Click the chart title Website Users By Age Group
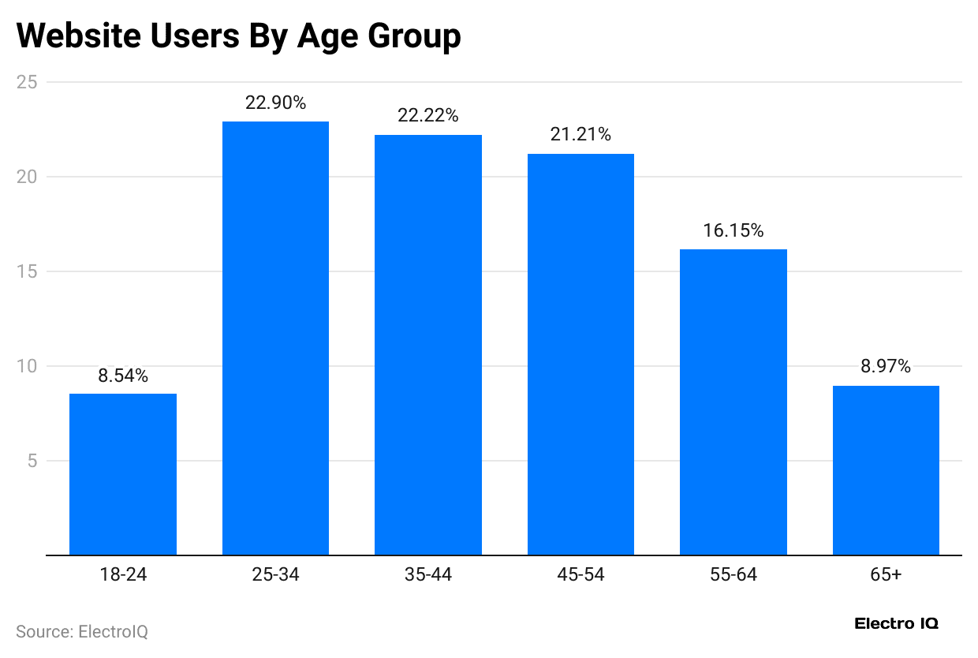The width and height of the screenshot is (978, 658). (238, 36)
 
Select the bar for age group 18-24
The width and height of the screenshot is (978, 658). (123, 474)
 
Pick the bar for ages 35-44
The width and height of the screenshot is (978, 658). (428, 345)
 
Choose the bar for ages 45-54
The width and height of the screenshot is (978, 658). (580, 354)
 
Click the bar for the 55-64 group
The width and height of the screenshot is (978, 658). (733, 402)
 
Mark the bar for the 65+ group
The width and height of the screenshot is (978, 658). (886, 470)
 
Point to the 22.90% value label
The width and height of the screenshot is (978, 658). (275, 103)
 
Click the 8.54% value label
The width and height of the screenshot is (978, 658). (123, 376)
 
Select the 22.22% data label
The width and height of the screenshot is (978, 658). (428, 115)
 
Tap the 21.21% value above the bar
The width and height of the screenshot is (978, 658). (580, 134)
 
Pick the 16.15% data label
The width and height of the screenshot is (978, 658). (733, 230)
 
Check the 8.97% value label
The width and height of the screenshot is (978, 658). (886, 366)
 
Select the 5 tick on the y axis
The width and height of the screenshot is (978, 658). (32, 461)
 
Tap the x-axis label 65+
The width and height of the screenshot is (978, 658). (886, 574)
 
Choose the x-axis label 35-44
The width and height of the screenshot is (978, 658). (428, 574)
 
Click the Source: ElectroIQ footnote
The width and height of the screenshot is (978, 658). (82, 631)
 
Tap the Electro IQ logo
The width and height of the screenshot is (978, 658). (897, 623)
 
